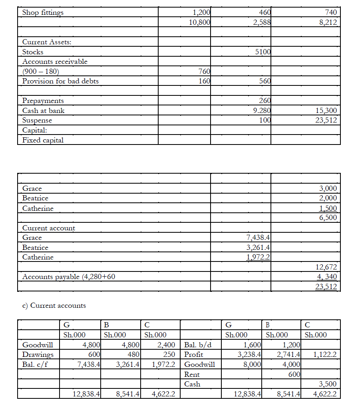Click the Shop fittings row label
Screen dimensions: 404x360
(43, 12)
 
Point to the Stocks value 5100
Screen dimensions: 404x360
(263, 51)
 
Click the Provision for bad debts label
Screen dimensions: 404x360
(60, 81)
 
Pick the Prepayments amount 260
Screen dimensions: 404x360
(265, 101)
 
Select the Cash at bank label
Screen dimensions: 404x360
(43, 111)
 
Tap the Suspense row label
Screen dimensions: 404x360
(37, 120)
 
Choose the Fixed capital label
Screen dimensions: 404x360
(43, 140)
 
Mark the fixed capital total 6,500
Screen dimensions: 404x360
(328, 218)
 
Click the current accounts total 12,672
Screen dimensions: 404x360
(326, 267)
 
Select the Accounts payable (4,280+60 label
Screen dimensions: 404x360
(69, 276)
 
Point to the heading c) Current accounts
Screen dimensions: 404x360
(54, 305)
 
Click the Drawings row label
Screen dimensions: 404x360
(38, 354)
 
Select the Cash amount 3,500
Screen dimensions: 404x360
(328, 384)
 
